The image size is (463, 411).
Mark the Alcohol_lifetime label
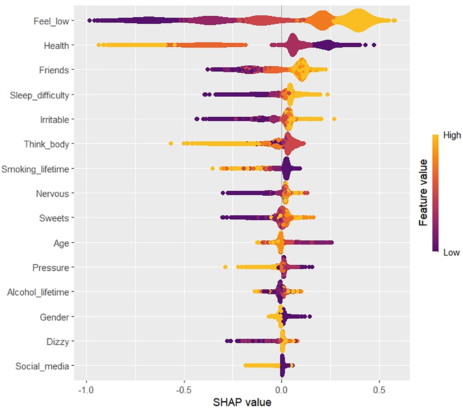point(38,292)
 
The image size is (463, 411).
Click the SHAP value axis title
point(242,402)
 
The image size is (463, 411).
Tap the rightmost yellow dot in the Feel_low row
point(394,21)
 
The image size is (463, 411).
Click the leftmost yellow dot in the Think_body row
point(171,143)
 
